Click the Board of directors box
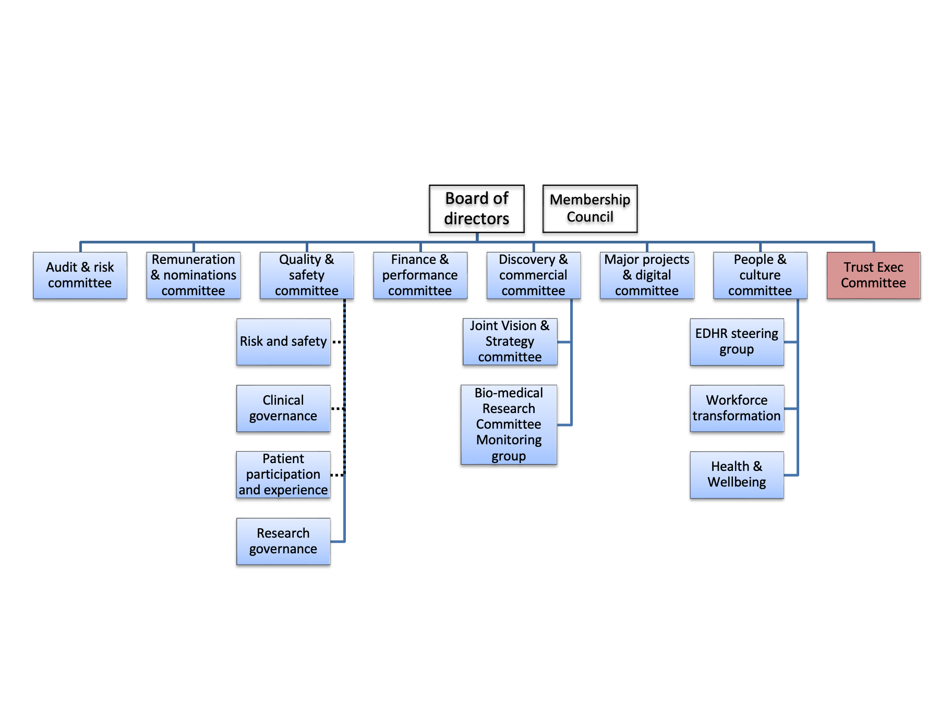[476, 209]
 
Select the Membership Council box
[589, 209]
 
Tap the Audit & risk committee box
[80, 275]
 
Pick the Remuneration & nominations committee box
[193, 275]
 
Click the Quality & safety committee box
[307, 275]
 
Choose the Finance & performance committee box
[420, 275]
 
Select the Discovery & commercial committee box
[533, 275]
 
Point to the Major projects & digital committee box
[647, 275]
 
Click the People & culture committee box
[760, 275]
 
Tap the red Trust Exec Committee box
[873, 275]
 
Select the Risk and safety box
[283, 342]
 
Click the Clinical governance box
[283, 408]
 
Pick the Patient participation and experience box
[283, 475]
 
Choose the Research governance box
[283, 541]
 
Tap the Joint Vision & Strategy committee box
[510, 342]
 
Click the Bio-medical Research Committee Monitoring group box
[509, 424]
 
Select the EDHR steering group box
[737, 342]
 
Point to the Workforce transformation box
[737, 408]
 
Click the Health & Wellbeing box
[737, 475]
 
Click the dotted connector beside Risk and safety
[338, 342]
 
